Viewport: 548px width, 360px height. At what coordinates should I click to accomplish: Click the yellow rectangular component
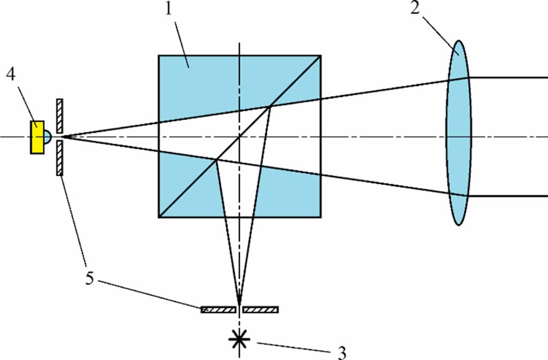click(x=36, y=137)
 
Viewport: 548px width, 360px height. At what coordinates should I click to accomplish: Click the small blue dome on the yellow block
click(x=47, y=137)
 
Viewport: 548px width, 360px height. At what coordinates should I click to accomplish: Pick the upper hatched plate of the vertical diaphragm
click(x=60, y=116)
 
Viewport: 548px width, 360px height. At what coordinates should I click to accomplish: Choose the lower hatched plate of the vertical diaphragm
click(x=60, y=158)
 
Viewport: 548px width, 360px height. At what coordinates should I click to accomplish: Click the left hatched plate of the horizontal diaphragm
click(x=218, y=309)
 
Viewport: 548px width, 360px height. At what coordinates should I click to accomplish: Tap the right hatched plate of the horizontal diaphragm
click(x=260, y=309)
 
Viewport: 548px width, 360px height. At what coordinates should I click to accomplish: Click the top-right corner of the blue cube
click(x=320, y=56)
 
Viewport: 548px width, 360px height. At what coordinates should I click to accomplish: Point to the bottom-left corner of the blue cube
click(x=159, y=217)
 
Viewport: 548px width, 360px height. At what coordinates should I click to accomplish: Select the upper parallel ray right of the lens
click(x=508, y=78)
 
